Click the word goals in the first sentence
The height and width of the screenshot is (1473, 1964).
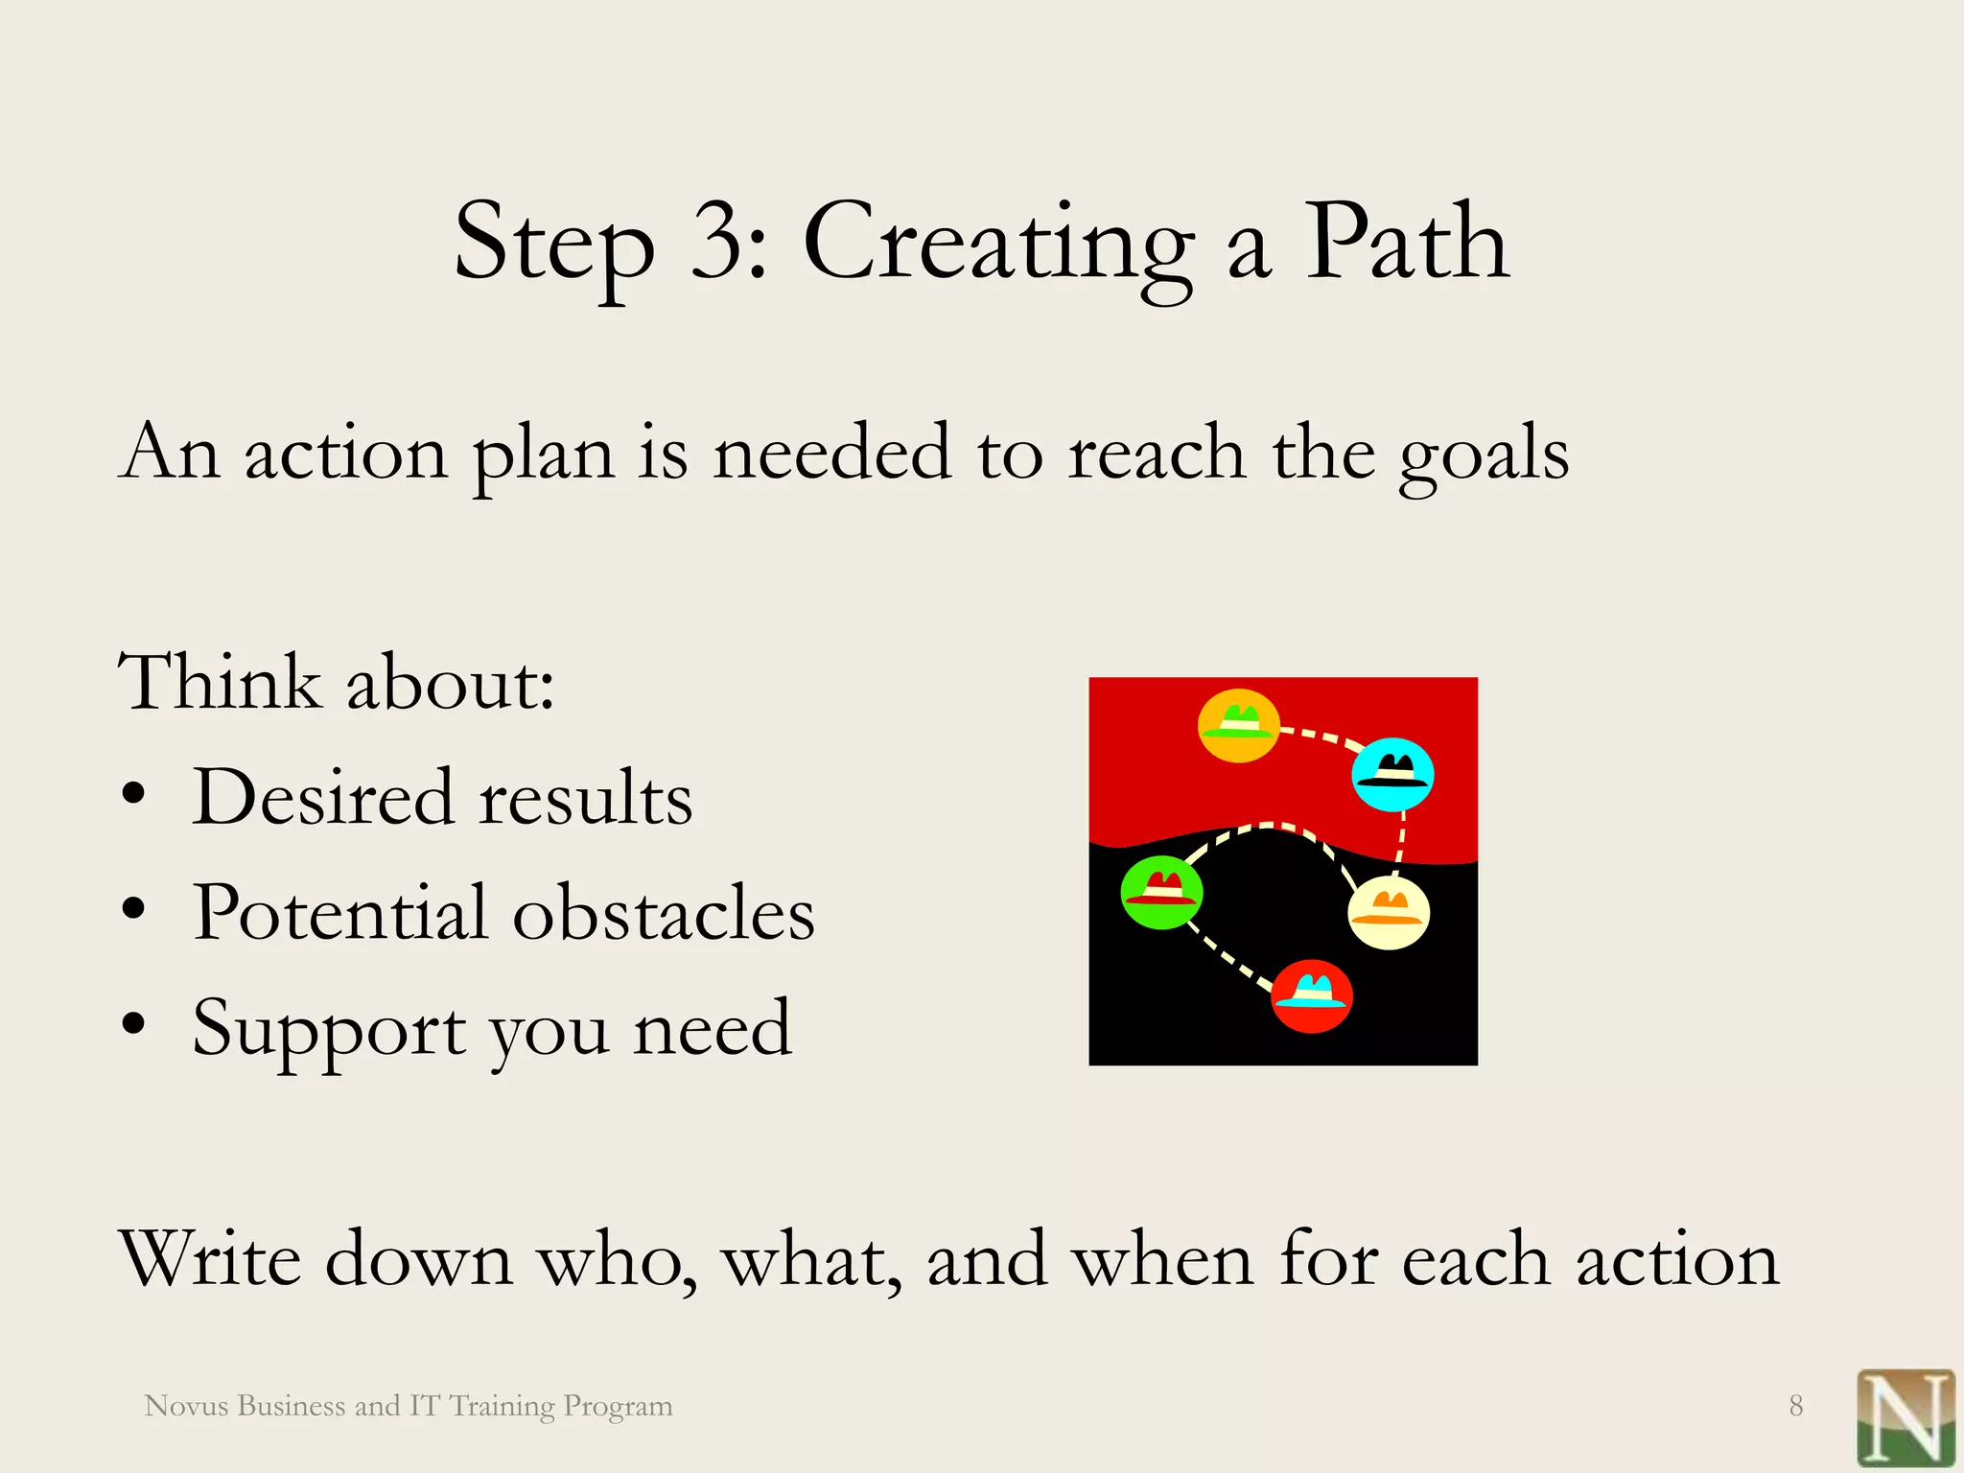click(1483, 455)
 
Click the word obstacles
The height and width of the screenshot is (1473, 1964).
click(664, 912)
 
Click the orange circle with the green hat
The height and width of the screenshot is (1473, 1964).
click(1239, 726)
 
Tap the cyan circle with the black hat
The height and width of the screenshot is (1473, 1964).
click(1392, 774)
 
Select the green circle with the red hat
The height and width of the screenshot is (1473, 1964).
click(1161, 892)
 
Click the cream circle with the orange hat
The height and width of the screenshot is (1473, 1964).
click(1388, 912)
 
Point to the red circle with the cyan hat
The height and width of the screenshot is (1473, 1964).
click(1311, 995)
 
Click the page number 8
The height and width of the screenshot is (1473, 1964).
click(1795, 1406)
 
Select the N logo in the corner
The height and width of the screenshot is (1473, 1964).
click(1905, 1417)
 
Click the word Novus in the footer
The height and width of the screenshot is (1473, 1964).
click(186, 1406)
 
